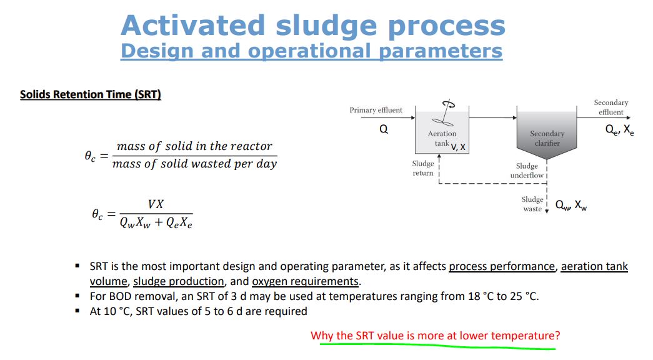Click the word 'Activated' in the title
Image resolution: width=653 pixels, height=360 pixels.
point(193,26)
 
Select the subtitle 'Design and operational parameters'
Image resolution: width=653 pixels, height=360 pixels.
point(311,51)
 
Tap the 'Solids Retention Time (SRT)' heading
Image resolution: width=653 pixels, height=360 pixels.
point(91,94)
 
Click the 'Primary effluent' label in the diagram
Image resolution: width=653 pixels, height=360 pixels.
point(376,110)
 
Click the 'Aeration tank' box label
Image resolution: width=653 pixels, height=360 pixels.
point(442,138)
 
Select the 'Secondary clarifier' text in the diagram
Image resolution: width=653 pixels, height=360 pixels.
point(547,138)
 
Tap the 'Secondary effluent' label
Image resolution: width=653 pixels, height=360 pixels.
point(611,107)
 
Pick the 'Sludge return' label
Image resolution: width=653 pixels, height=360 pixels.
point(422,168)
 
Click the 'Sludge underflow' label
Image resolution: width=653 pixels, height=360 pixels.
point(527,171)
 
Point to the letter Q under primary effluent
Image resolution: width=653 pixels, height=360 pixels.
point(384,129)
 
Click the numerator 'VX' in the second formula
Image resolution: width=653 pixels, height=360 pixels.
point(156,204)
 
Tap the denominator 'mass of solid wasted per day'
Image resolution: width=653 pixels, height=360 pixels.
point(194,164)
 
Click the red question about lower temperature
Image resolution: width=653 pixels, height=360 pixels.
point(436,336)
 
